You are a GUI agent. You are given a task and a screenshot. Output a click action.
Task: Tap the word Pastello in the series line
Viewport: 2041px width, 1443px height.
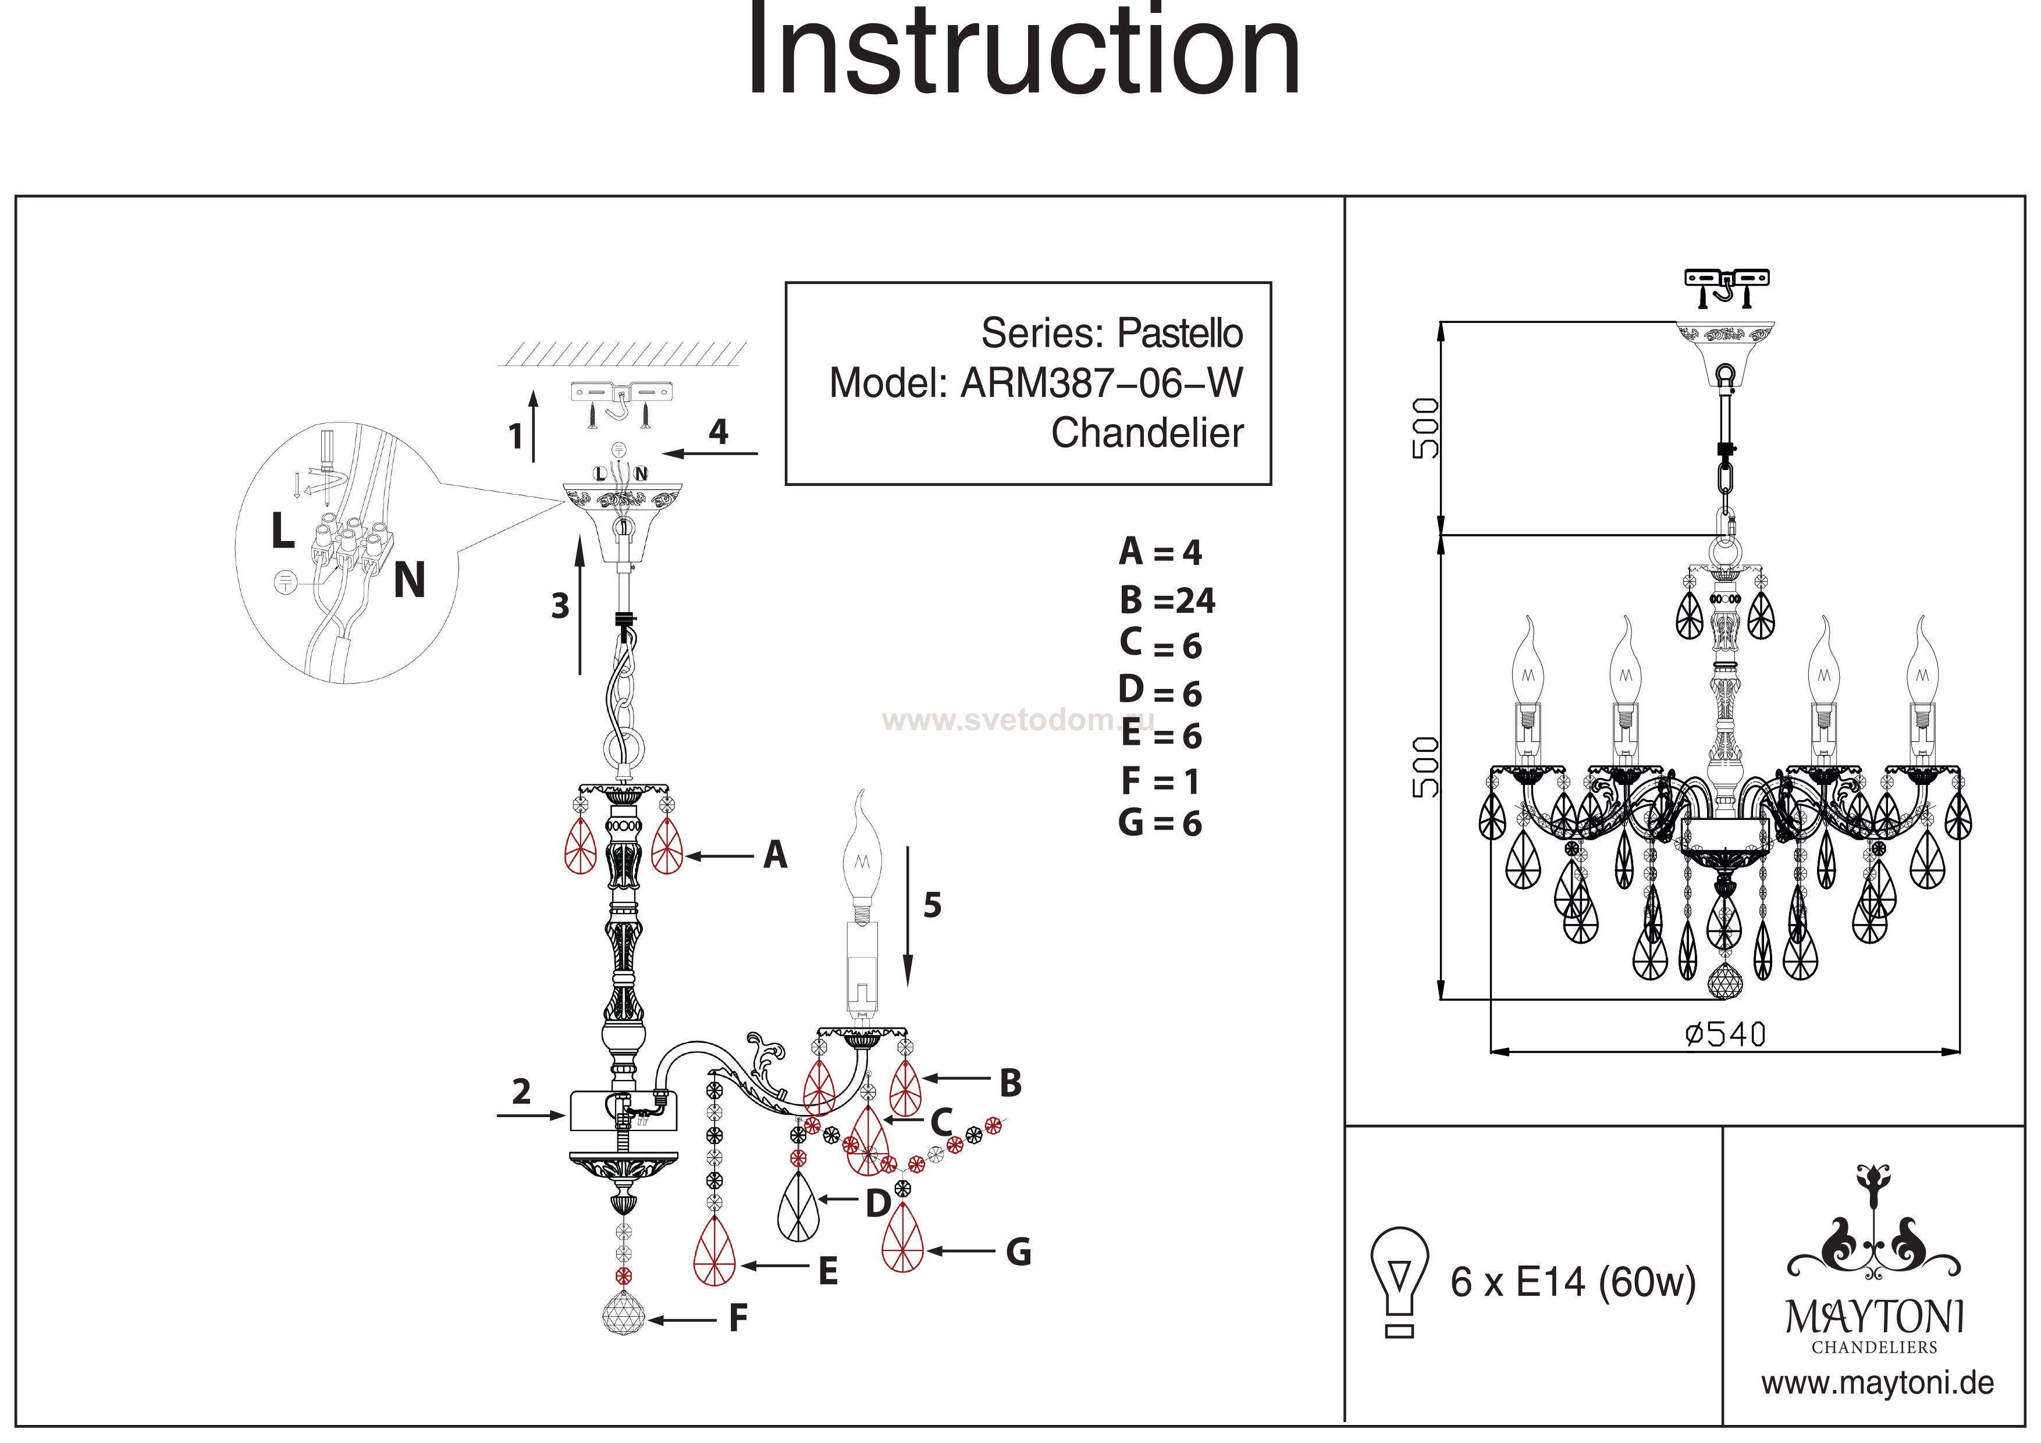(x=1179, y=333)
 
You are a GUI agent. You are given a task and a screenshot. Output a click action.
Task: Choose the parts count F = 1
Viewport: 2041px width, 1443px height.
(x=1160, y=781)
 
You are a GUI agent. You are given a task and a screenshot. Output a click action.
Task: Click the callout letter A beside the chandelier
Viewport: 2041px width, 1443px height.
(x=775, y=855)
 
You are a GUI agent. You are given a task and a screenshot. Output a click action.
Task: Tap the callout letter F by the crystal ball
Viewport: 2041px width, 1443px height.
(x=738, y=1318)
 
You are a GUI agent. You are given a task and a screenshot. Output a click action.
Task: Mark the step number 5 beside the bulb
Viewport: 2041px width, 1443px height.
(x=931, y=905)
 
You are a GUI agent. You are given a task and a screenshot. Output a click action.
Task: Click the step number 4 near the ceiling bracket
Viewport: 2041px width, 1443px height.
(x=719, y=432)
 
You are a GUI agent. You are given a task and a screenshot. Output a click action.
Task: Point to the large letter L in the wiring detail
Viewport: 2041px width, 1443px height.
(x=283, y=532)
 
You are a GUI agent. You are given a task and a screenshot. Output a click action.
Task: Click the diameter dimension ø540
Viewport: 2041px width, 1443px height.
(x=1724, y=1034)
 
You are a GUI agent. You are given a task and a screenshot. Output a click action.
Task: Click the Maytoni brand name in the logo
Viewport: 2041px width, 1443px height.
(x=1874, y=1317)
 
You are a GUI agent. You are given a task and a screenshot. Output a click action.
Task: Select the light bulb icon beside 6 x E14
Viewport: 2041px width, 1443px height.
(x=1400, y=1280)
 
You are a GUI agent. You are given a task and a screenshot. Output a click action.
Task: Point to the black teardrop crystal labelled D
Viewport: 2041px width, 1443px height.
(x=798, y=1207)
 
